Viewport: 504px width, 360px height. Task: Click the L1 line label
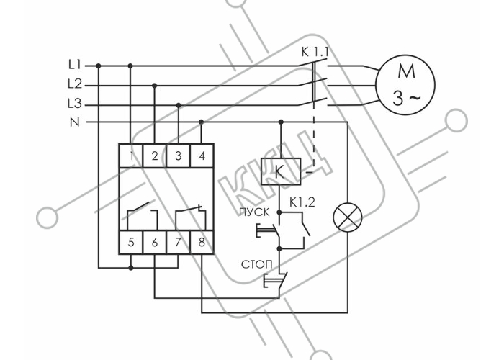click(x=75, y=66)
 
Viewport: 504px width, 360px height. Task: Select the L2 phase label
click(x=75, y=84)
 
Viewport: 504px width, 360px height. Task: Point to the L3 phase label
click(x=75, y=104)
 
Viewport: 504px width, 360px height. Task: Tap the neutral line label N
click(x=75, y=122)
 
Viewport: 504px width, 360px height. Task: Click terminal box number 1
click(x=131, y=156)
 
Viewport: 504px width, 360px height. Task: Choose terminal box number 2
click(x=155, y=156)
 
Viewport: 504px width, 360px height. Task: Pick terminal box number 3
click(x=179, y=156)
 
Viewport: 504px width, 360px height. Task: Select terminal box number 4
click(x=202, y=156)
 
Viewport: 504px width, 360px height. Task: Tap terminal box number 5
click(x=131, y=242)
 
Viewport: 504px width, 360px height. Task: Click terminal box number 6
click(x=155, y=242)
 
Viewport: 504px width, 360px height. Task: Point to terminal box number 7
click(x=179, y=242)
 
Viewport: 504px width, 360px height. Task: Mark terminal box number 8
click(x=202, y=242)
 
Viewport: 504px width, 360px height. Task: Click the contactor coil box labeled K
click(x=281, y=171)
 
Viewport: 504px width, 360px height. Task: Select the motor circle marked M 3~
click(x=405, y=85)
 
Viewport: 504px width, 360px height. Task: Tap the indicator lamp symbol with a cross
click(x=348, y=218)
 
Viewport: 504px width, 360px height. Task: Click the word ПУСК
click(x=254, y=212)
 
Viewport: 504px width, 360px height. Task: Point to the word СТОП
click(x=256, y=265)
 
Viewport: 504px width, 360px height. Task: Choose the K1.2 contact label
click(x=302, y=202)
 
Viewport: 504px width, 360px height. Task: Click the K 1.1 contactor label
click(x=315, y=52)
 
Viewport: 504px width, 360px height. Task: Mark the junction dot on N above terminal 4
click(x=202, y=122)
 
